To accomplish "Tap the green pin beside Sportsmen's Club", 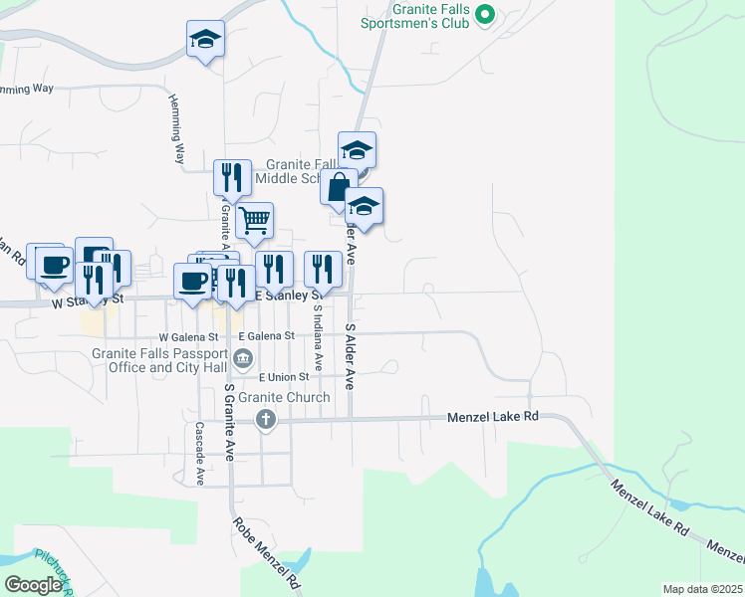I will [485, 14].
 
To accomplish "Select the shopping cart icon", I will [255, 219].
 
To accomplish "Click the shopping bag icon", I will [339, 186].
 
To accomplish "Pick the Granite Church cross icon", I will [265, 419].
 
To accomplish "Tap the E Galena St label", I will [260, 335].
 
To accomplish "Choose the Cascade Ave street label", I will [199, 454].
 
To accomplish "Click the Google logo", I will [33, 585].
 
